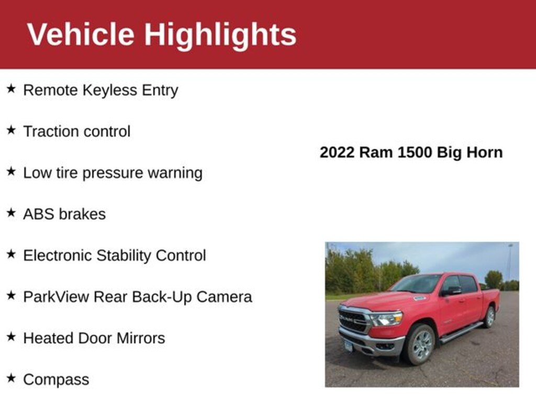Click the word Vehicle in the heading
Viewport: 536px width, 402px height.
[81, 34]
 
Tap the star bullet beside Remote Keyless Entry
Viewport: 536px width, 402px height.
[12, 89]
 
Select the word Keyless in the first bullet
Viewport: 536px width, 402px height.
[110, 91]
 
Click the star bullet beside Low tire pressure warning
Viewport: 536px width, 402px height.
[12, 171]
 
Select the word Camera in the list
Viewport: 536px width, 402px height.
[224, 297]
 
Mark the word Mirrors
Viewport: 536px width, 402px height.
[141, 338]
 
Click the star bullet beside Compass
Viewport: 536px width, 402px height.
[12, 378]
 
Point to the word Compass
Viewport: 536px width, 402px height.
[56, 380]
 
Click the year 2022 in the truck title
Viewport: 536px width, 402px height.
[337, 152]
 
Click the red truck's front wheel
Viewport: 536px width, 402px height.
[420, 344]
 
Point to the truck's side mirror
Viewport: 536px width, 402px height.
[451, 291]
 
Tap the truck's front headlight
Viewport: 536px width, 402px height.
[386, 319]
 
